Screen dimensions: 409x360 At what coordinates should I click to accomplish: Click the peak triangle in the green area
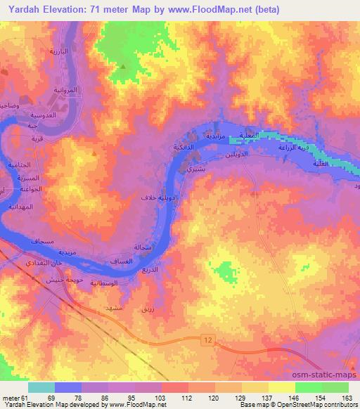point(124,67)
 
